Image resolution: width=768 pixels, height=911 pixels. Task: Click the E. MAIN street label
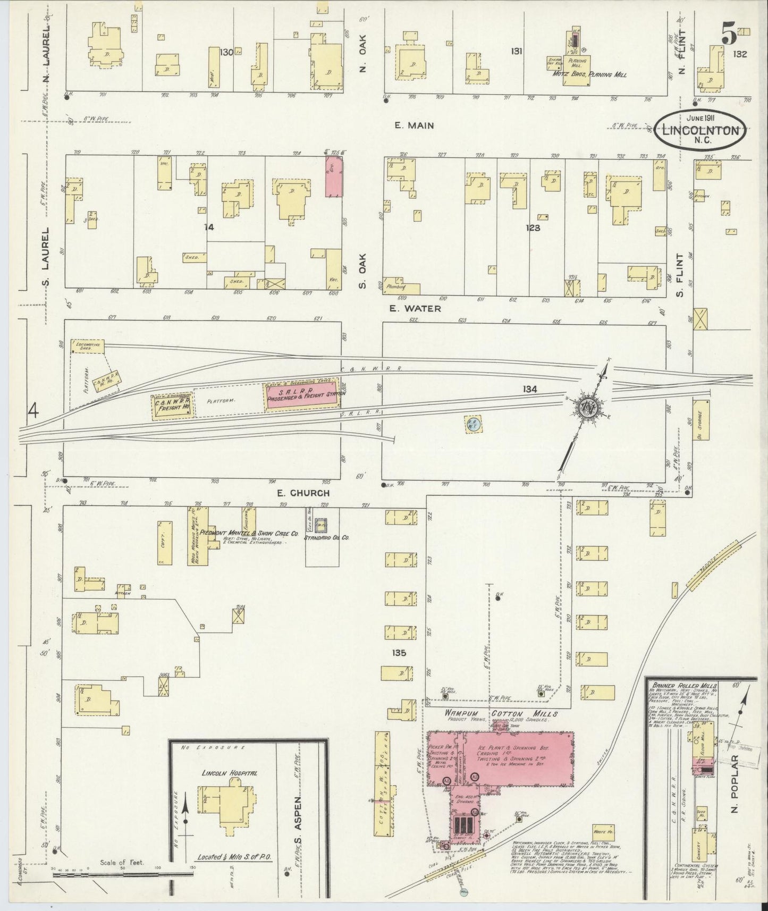[x=414, y=126]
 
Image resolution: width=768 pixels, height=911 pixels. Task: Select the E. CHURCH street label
[x=303, y=493]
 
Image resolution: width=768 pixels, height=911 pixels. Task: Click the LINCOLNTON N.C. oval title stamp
[x=699, y=129]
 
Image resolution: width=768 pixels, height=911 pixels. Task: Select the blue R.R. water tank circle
[x=472, y=424]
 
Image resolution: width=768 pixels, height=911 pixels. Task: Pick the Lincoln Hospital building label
[x=229, y=772]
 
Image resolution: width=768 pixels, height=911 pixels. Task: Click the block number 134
[x=529, y=389]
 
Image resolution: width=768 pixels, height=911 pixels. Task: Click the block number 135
[x=399, y=653]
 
